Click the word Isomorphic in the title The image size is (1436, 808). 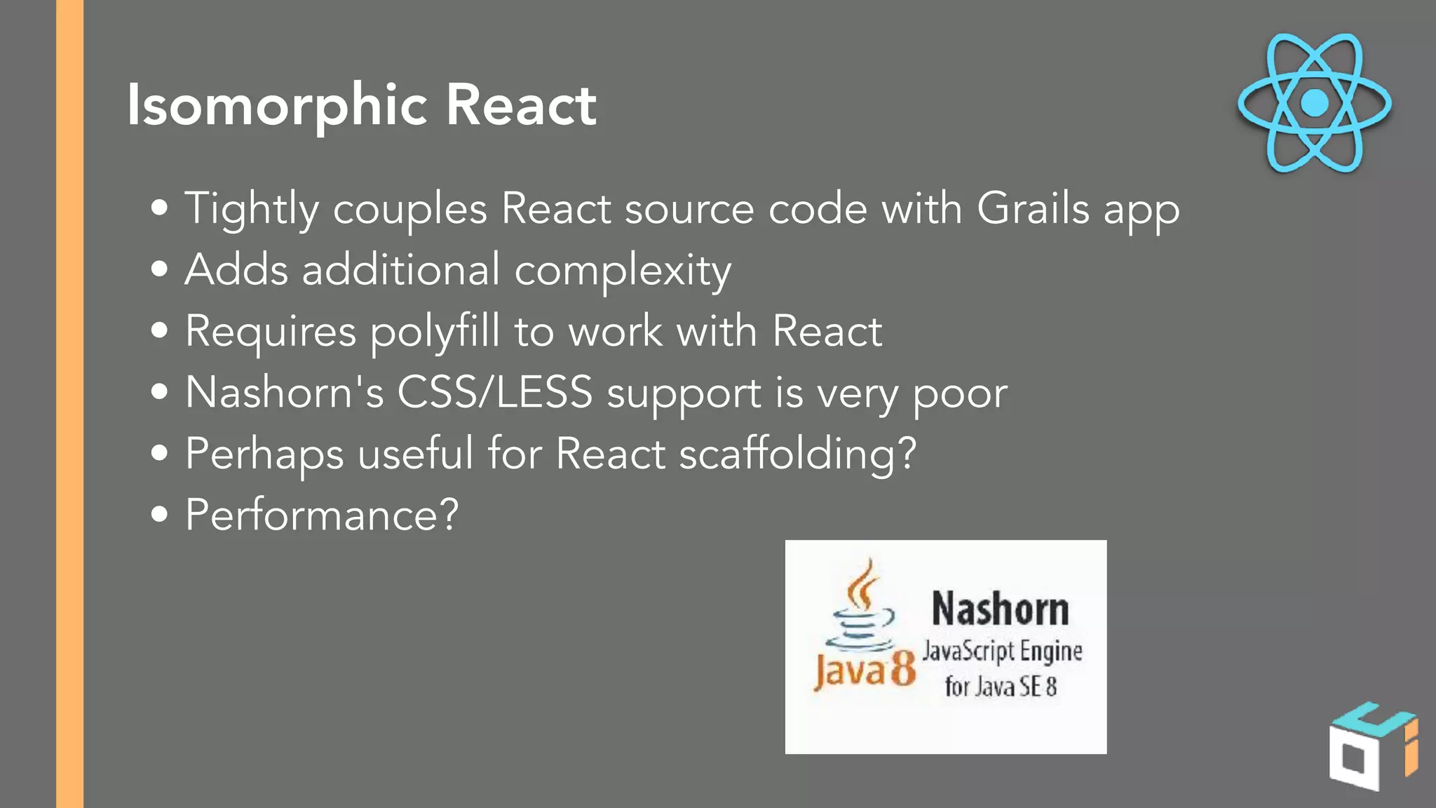point(277,105)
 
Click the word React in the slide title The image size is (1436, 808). point(521,105)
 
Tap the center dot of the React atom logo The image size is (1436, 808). point(1314,103)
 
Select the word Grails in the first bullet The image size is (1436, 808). point(1033,208)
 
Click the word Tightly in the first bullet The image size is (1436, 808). point(252,210)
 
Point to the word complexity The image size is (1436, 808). point(623,271)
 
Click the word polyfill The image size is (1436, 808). point(435,332)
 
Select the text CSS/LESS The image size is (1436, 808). point(495,392)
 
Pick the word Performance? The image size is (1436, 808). point(322,515)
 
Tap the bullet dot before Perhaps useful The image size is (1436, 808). point(160,452)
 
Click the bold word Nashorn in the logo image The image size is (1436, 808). point(1001,609)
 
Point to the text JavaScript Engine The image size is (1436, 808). point(1002,651)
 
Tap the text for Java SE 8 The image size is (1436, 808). point(1001,686)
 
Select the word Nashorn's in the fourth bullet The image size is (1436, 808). point(285,392)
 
